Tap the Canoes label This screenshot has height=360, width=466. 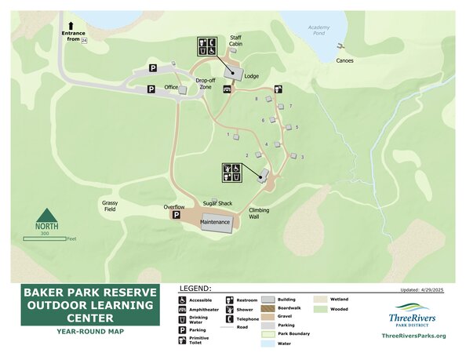click(x=344, y=60)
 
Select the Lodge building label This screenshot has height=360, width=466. click(x=252, y=76)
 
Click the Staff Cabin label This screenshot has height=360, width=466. click(x=236, y=41)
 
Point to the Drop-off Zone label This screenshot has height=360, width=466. click(x=206, y=83)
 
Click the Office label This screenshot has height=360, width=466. click(x=172, y=87)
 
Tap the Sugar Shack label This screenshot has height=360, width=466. click(x=218, y=203)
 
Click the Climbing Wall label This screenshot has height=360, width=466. click(x=259, y=213)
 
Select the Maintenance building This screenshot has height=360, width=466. click(x=216, y=222)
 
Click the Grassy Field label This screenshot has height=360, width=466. click(x=109, y=205)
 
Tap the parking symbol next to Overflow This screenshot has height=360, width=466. click(x=177, y=215)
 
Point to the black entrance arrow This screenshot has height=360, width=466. click(x=71, y=26)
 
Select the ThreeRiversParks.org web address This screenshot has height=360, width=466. click(x=413, y=336)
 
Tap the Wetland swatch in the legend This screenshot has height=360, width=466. click(x=320, y=300)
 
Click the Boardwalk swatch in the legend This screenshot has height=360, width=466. click(x=267, y=308)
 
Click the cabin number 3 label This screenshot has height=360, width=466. click(x=302, y=158)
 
